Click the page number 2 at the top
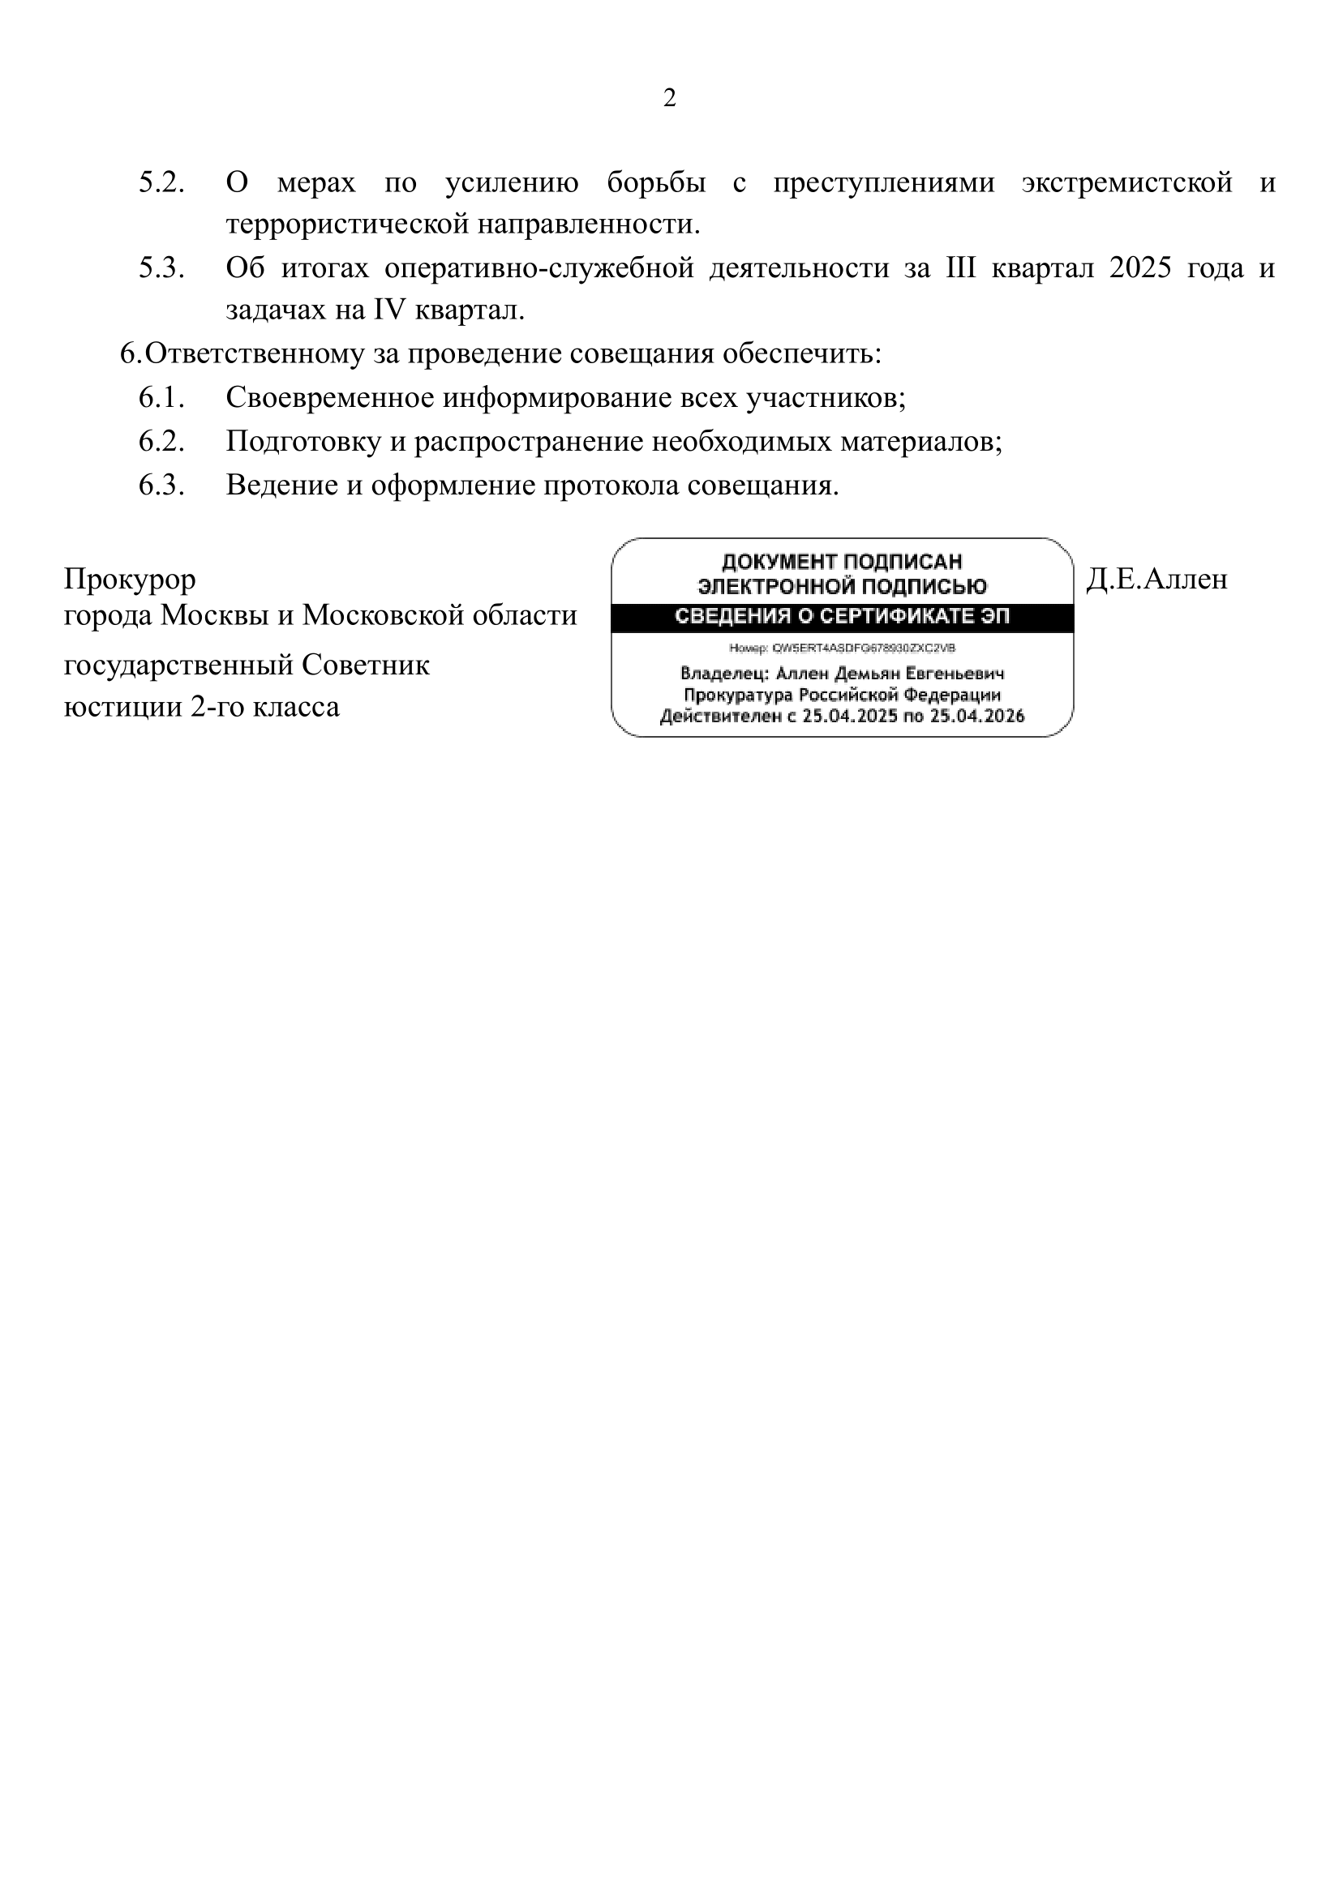pos(670,98)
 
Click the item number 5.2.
pos(161,182)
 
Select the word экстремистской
pos(1127,182)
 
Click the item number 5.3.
pos(161,268)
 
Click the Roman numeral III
pos(960,268)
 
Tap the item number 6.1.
pos(161,398)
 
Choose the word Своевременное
pos(329,398)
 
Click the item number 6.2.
pos(161,442)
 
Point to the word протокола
pos(611,486)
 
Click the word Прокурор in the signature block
pos(130,580)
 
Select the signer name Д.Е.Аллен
pos(1156,580)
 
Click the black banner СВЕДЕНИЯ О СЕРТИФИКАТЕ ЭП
pos(842,618)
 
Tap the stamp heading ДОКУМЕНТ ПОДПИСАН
pos(842,562)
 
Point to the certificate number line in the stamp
pos(842,648)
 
